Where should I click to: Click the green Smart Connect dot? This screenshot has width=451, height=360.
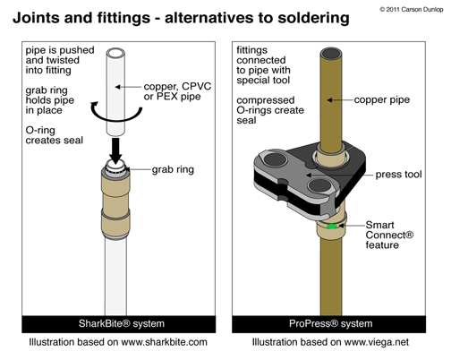[332, 227]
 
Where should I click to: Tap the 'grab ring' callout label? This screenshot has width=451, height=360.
[173, 169]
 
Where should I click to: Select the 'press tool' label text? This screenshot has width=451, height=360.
[398, 175]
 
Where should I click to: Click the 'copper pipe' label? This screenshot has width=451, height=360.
[382, 99]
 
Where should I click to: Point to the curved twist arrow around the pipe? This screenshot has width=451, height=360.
[116, 118]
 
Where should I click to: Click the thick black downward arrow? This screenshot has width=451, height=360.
[115, 150]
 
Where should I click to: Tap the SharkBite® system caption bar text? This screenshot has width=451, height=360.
[122, 323]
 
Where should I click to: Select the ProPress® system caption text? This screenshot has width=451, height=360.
[330, 323]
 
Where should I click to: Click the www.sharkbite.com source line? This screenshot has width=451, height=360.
[118, 342]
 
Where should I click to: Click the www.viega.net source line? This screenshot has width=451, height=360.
[330, 342]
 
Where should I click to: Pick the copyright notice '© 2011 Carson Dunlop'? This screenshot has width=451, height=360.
[412, 10]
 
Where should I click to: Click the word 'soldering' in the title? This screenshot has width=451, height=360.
[313, 18]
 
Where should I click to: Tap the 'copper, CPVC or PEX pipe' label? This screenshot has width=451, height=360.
[177, 91]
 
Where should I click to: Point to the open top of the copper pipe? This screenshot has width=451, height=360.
[331, 55]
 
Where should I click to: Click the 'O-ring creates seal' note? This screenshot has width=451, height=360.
[55, 135]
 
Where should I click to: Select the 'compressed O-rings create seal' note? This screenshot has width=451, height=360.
[270, 110]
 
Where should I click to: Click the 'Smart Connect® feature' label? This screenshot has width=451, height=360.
[389, 235]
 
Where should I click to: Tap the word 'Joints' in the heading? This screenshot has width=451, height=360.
[37, 18]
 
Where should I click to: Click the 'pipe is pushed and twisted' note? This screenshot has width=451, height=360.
[60, 60]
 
